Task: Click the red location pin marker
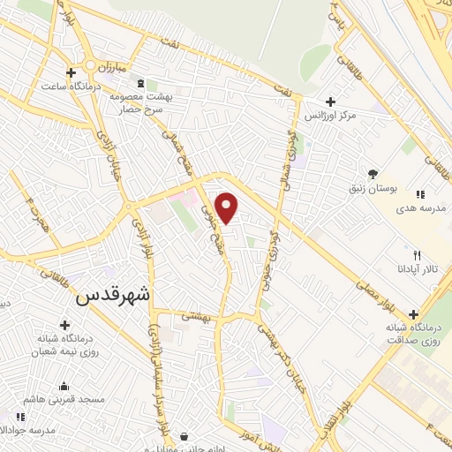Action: point(228,207)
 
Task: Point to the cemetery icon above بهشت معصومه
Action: point(142,84)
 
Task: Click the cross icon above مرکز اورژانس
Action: point(330,102)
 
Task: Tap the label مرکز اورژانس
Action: point(330,116)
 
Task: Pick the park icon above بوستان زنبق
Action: point(373,174)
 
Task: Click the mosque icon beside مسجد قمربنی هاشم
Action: point(63,386)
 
